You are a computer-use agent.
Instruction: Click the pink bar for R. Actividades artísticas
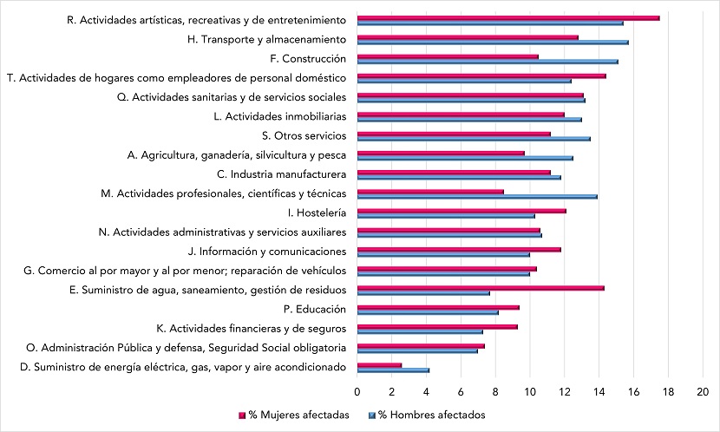[x=507, y=17]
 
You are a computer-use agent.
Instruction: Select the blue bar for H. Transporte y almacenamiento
[x=492, y=43]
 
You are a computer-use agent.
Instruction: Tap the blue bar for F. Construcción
[x=487, y=62]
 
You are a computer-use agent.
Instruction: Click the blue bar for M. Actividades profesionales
[x=476, y=196]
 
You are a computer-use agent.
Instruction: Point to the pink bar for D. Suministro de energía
[x=379, y=364]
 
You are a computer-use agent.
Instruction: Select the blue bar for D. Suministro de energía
[x=393, y=370]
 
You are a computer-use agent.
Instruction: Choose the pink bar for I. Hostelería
[x=461, y=211]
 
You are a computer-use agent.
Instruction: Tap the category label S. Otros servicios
[x=304, y=135]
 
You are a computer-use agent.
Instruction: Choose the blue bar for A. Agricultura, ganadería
[x=465, y=158]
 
